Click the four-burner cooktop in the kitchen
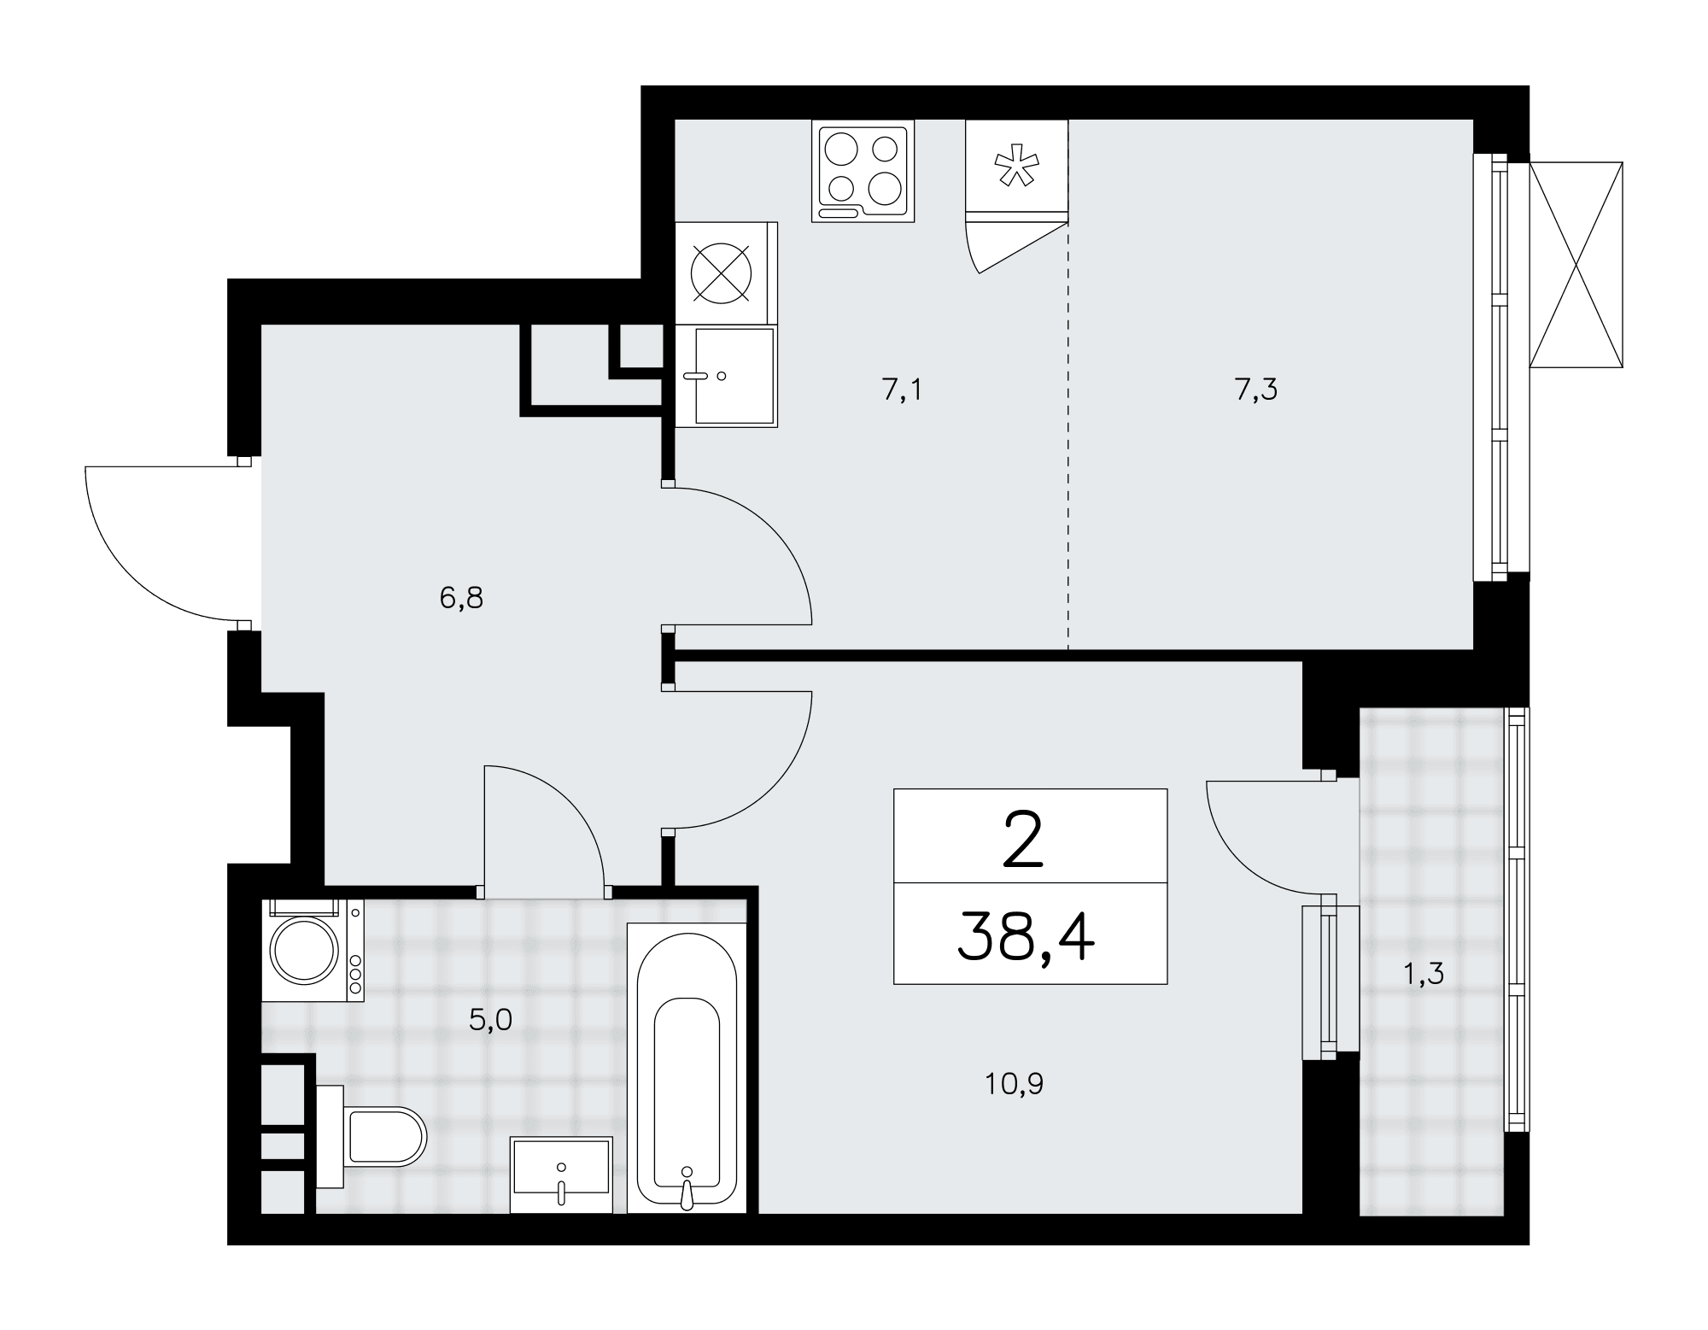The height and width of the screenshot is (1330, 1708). coord(863,171)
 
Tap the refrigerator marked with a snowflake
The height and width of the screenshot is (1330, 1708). coord(1017,171)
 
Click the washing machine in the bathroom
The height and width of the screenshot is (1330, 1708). coord(313,949)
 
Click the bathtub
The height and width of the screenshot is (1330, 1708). coord(687,1068)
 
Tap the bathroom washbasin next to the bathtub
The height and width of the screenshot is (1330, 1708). coord(561,1175)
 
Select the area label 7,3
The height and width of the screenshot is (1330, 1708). coord(1255,390)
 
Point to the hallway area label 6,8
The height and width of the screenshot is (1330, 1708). coord(461,599)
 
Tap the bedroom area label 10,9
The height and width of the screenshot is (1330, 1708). coord(1015,1085)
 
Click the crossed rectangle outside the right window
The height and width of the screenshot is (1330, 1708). coord(1576,265)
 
